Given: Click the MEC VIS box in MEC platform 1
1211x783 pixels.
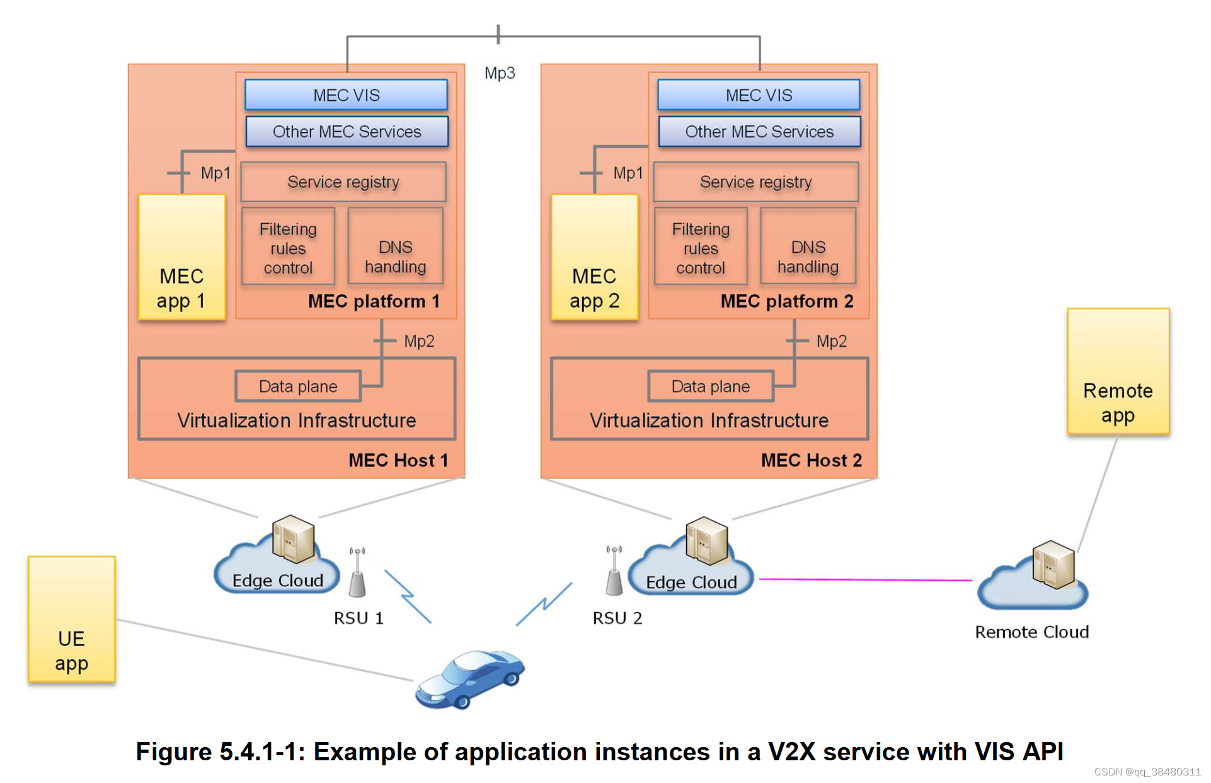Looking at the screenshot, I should tap(346, 95).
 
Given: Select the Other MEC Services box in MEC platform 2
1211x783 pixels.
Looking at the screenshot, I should tap(759, 131).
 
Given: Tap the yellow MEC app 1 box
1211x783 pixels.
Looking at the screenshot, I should tap(181, 257).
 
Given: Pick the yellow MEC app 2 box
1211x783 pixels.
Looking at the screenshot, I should tap(594, 257).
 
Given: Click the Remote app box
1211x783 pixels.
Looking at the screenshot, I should tap(1117, 371).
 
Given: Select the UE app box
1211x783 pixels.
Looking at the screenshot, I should tap(71, 619).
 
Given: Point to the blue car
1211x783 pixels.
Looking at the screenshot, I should tap(469, 680).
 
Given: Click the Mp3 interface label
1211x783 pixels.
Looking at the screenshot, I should tap(500, 73).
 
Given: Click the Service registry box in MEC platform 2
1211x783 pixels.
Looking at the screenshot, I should tap(755, 182).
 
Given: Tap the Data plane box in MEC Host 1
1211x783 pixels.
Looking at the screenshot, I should tap(298, 386).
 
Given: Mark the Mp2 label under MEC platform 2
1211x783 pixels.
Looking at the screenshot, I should tap(831, 341).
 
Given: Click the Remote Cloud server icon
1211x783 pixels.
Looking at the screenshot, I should tap(1053, 564).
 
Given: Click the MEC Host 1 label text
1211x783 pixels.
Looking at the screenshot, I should tap(398, 460).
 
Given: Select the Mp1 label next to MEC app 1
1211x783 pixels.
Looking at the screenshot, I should tap(215, 173).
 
